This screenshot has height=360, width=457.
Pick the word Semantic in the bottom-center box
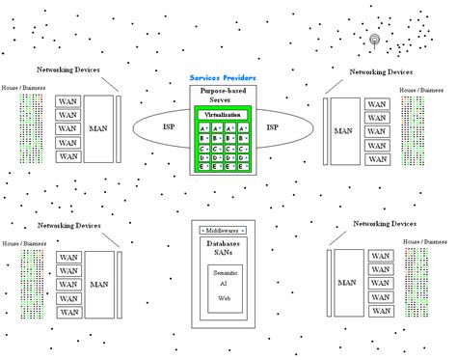click(x=224, y=273)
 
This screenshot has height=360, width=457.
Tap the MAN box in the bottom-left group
click(x=97, y=284)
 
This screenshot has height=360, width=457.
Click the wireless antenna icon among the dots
click(x=377, y=41)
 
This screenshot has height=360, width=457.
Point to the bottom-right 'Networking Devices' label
click(x=387, y=223)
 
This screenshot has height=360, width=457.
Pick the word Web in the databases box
click(x=224, y=299)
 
